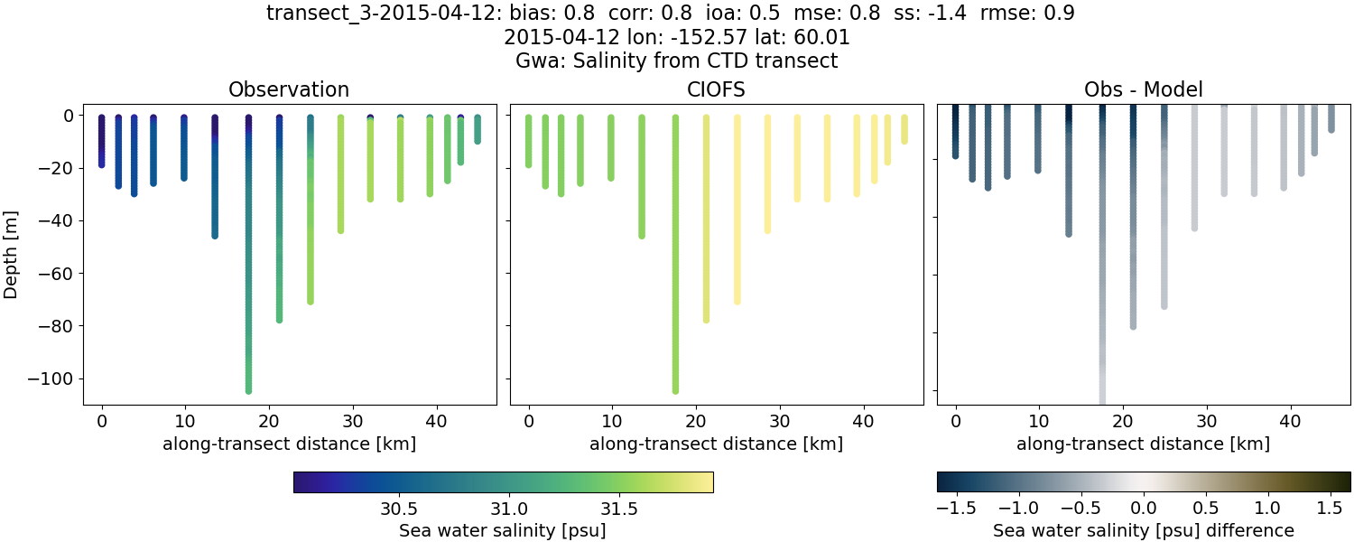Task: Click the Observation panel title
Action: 289,89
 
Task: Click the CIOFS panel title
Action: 716,89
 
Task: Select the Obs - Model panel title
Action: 1143,89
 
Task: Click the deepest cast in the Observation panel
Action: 248,271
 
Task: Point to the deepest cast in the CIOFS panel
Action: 675,271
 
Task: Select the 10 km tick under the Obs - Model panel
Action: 1039,421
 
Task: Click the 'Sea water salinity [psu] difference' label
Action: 1143,530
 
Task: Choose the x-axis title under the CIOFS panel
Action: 716,444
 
